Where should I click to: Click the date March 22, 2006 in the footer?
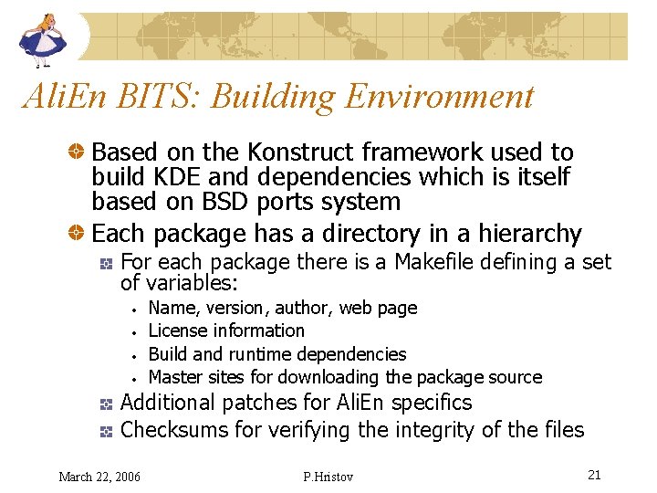click(x=99, y=476)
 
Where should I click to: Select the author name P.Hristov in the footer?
click(x=326, y=476)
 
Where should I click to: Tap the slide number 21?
click(x=594, y=475)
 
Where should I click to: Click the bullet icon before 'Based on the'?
click(x=81, y=152)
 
